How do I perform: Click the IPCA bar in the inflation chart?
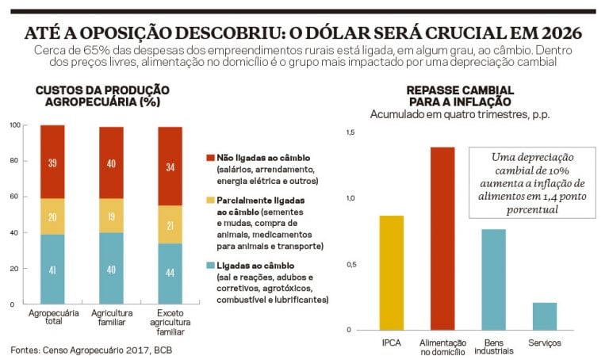tap(392, 273)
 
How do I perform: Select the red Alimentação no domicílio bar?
tap(442, 239)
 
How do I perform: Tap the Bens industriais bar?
tap(493, 280)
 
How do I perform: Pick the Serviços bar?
tap(544, 316)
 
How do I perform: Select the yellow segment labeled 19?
tap(111, 216)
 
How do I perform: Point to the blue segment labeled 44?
tap(170, 274)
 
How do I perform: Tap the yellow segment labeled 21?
tap(170, 224)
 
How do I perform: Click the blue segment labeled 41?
tap(52, 269)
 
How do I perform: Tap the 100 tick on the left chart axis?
tap(14, 125)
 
